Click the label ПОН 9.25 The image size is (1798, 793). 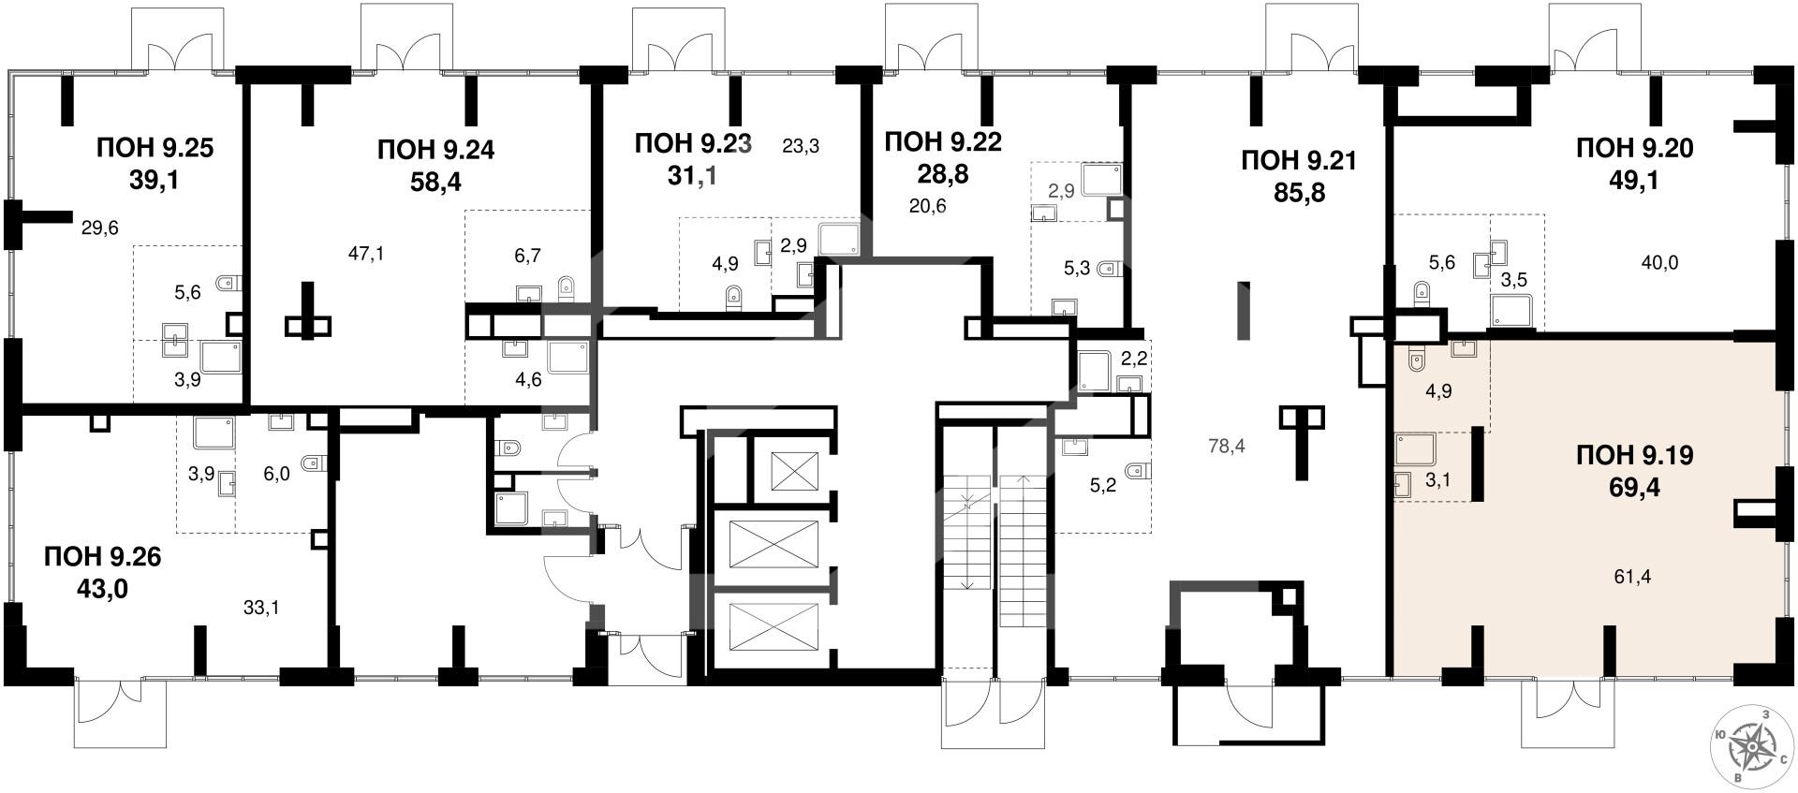point(155,148)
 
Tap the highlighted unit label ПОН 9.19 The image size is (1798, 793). point(1635,456)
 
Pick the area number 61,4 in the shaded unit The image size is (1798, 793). point(1633,577)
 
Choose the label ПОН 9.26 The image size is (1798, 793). point(103,557)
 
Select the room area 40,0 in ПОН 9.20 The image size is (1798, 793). point(1659,263)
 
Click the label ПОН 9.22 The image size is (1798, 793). point(943,141)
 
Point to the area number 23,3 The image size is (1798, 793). point(801,146)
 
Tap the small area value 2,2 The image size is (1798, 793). point(1134,357)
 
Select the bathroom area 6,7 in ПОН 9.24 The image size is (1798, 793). point(529,255)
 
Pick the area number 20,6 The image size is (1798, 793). point(927,206)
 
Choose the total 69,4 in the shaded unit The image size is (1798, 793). point(1635,488)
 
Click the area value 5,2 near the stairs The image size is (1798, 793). point(1104,486)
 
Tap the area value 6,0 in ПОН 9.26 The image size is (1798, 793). point(277,475)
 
